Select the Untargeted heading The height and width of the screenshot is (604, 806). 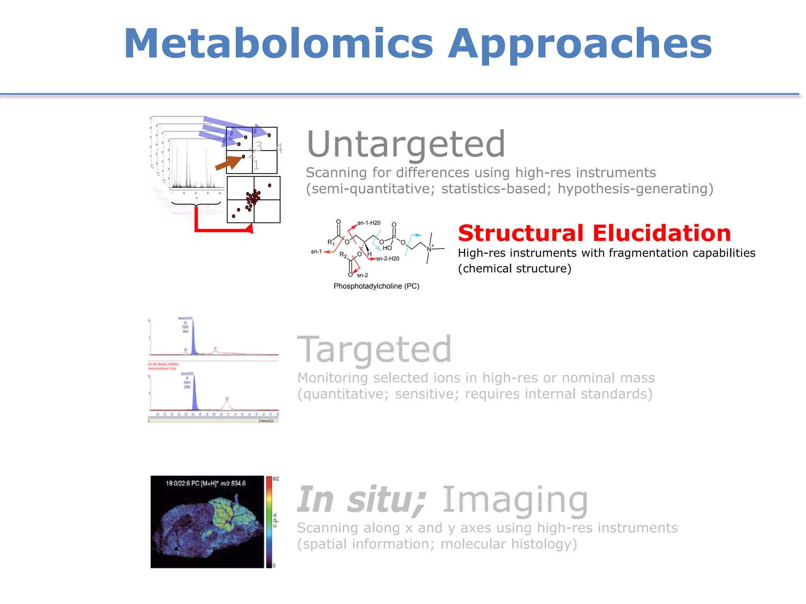pyautogui.click(x=406, y=144)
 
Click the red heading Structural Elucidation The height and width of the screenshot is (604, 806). pyautogui.click(x=594, y=233)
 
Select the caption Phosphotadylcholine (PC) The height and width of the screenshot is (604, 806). pyautogui.click(x=376, y=286)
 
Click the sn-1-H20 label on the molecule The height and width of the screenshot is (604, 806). pyautogui.click(x=369, y=223)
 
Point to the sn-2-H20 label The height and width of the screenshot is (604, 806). pyautogui.click(x=388, y=259)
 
